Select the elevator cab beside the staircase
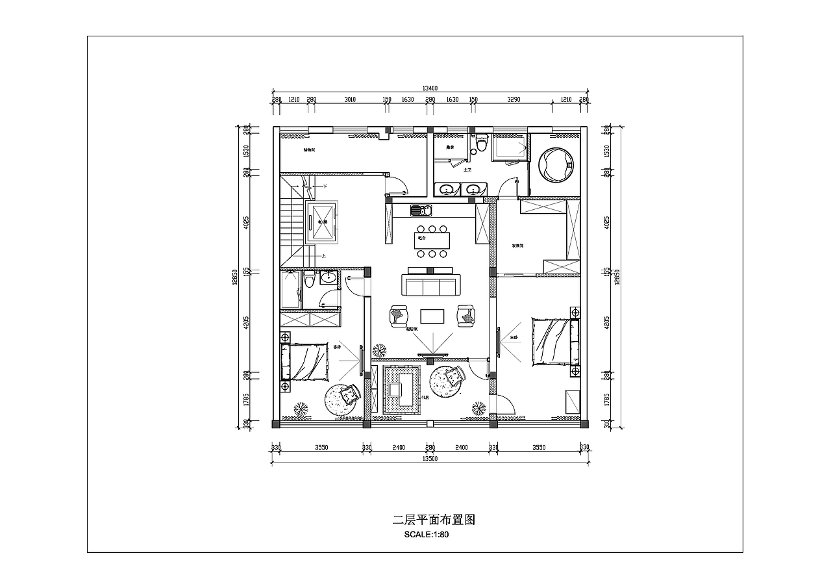pos(321,222)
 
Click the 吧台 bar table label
pos(422,238)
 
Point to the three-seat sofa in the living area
pos(431,286)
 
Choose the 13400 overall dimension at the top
pos(430,88)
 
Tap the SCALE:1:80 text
pos(427,535)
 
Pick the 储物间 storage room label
pos(309,150)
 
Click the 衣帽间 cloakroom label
pos(517,246)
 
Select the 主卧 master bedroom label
pos(514,338)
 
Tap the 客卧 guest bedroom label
pos(337,347)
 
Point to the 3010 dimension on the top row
pos(350,100)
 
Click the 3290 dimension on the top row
pos(514,100)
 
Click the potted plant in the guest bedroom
pos(301,409)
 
